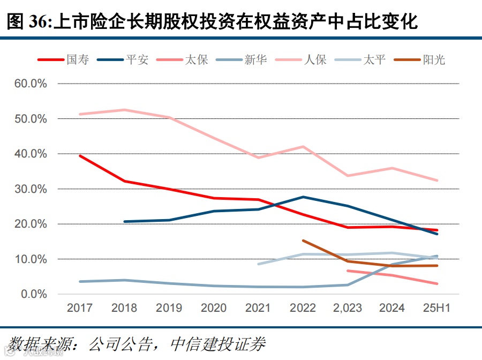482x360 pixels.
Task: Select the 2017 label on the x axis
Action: click(x=79, y=308)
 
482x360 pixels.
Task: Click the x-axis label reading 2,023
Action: click(x=347, y=308)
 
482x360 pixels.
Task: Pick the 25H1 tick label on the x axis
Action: click(x=437, y=308)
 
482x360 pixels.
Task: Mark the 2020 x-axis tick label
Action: click(x=214, y=308)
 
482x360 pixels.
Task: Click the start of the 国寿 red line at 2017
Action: click(x=80, y=156)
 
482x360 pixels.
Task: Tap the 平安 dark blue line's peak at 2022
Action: click(x=303, y=197)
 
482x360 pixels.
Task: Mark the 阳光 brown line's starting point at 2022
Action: click(x=303, y=241)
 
